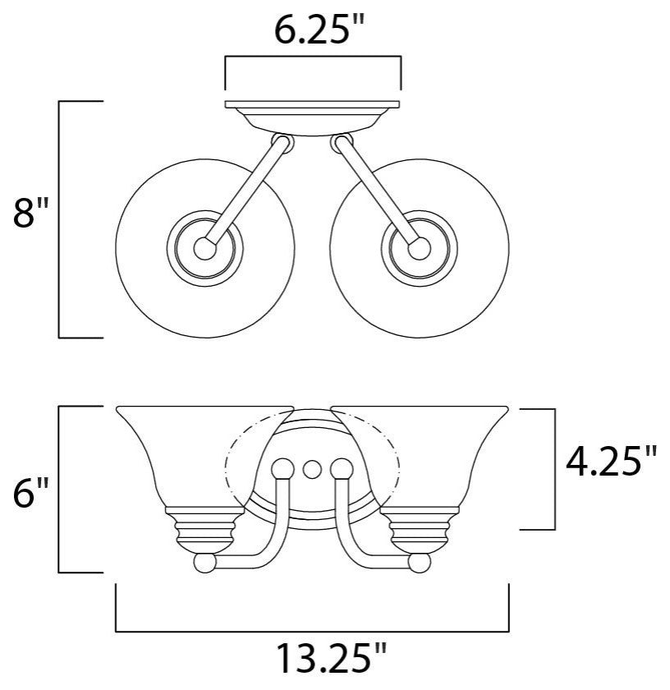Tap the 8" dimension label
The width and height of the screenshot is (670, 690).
click(30, 212)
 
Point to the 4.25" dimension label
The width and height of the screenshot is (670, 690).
click(611, 461)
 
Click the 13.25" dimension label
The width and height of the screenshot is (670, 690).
click(332, 658)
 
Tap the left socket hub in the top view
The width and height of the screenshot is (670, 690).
click(204, 249)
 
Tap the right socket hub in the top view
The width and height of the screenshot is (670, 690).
click(420, 249)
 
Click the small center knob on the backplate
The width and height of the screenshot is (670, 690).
click(312, 470)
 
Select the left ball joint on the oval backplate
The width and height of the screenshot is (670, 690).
click(282, 469)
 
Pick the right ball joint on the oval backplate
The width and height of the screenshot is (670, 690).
click(342, 469)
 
